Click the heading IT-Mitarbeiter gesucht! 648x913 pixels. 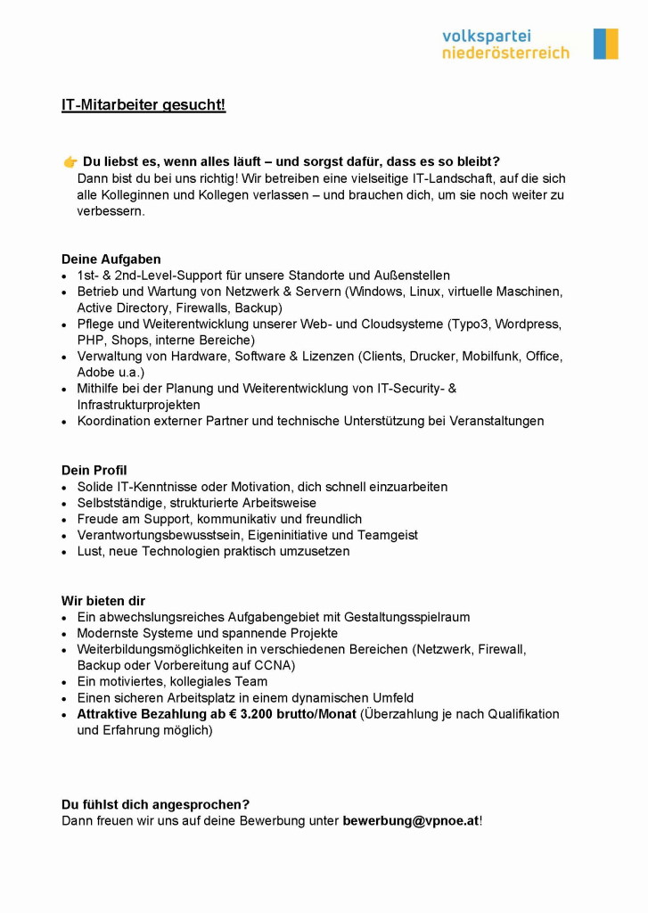[144, 105]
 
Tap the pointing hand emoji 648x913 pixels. [70, 161]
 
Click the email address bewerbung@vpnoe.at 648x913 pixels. [410, 820]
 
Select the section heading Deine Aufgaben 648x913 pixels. [111, 259]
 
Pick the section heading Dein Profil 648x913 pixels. [94, 470]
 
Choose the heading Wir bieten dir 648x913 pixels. [103, 601]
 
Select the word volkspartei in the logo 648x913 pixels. [486, 36]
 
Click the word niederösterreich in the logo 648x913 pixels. [505, 53]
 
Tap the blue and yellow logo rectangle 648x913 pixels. [605, 44]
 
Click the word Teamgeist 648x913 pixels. [387, 535]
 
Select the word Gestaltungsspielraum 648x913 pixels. [401, 617]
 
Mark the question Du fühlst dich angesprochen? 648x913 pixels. [155, 804]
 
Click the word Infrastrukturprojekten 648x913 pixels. [138, 405]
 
